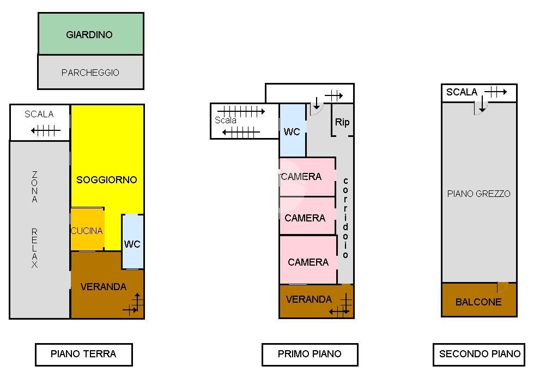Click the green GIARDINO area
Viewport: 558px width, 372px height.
[90, 34]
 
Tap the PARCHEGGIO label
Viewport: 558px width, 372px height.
[90, 73]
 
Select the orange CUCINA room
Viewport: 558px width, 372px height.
[87, 230]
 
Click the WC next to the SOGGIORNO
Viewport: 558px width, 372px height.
[132, 243]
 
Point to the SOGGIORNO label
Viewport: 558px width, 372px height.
[107, 179]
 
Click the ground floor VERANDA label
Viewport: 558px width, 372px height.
[103, 286]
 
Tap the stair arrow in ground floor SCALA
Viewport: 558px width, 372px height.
[46, 130]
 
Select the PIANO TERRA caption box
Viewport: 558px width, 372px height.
[83, 354]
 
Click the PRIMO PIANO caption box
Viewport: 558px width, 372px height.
[310, 354]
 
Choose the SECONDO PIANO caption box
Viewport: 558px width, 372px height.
[480, 354]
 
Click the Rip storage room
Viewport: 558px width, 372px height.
[342, 122]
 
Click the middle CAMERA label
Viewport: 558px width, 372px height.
[305, 218]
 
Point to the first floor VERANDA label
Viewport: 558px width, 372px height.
[308, 299]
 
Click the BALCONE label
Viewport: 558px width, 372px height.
[478, 302]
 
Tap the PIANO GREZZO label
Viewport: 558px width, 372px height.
[478, 194]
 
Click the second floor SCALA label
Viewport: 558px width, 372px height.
[462, 92]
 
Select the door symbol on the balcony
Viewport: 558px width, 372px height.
[502, 287]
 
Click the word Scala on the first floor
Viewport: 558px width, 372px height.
[226, 120]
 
